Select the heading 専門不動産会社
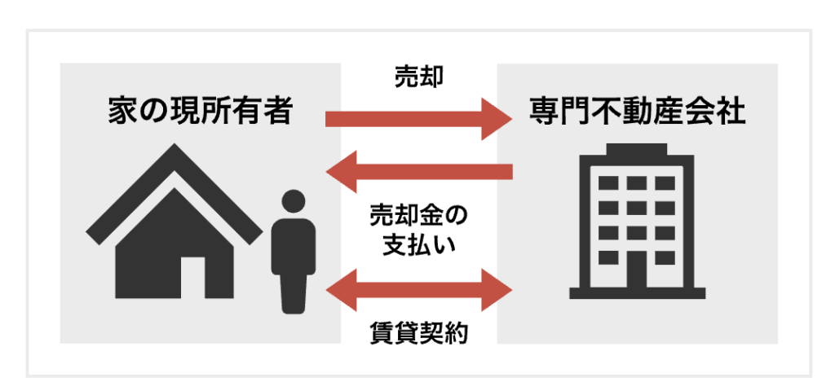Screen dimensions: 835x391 [x=637, y=112]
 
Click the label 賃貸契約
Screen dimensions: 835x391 [x=419, y=334]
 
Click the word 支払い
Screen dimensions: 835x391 [x=419, y=247]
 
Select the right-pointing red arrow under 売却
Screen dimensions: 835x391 [x=418, y=119]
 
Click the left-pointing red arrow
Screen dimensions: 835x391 [x=418, y=171]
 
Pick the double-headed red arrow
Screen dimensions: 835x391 [x=418, y=291]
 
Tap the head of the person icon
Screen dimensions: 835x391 [x=293, y=201]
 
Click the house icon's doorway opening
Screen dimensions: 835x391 [x=192, y=277]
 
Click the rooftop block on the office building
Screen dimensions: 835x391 [x=637, y=149]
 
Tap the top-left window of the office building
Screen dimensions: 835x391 [x=608, y=183]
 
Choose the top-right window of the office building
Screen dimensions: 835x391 [x=665, y=183]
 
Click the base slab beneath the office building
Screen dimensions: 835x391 [x=637, y=293]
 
